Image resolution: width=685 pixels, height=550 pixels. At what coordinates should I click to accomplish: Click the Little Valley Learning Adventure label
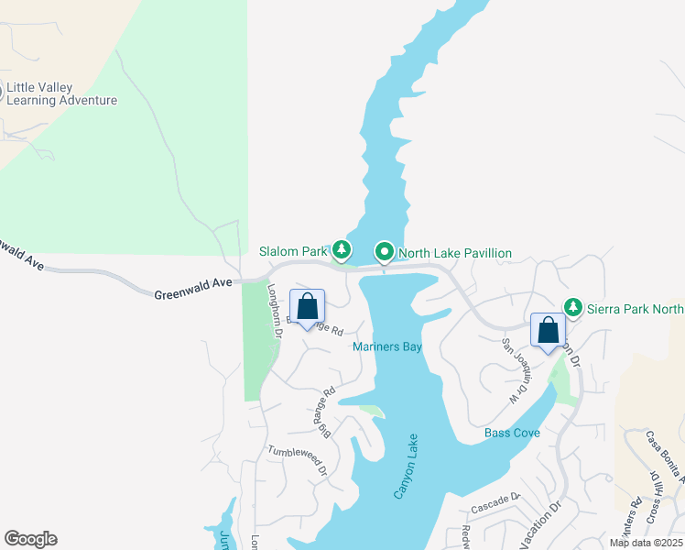(x=62, y=94)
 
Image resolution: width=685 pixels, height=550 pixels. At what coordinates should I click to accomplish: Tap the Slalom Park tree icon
(x=342, y=249)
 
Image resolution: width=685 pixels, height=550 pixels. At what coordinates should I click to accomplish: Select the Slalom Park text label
(x=292, y=252)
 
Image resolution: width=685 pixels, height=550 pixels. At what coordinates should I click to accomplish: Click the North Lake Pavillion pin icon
(x=385, y=251)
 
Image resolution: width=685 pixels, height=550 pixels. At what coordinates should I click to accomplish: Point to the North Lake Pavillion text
(x=454, y=253)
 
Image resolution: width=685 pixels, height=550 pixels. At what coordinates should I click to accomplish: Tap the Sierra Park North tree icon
(x=573, y=307)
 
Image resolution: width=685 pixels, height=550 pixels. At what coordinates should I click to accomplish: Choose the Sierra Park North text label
(x=635, y=309)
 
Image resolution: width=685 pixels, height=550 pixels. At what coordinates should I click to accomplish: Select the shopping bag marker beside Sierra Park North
(x=548, y=332)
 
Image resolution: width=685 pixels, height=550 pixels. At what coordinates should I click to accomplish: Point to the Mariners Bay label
(x=386, y=346)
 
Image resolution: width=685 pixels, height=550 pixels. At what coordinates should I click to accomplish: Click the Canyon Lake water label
(x=406, y=466)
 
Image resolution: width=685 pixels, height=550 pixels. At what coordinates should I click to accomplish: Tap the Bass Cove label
(x=512, y=433)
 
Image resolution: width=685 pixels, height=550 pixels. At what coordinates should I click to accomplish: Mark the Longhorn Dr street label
(x=272, y=311)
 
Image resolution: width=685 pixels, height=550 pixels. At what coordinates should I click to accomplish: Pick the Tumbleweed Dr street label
(x=298, y=460)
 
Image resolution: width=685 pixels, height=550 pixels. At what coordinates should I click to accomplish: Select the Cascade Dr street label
(x=495, y=503)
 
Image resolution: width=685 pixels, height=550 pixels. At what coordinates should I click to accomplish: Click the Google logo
(x=30, y=539)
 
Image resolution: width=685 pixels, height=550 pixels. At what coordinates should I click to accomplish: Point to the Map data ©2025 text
(x=645, y=543)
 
